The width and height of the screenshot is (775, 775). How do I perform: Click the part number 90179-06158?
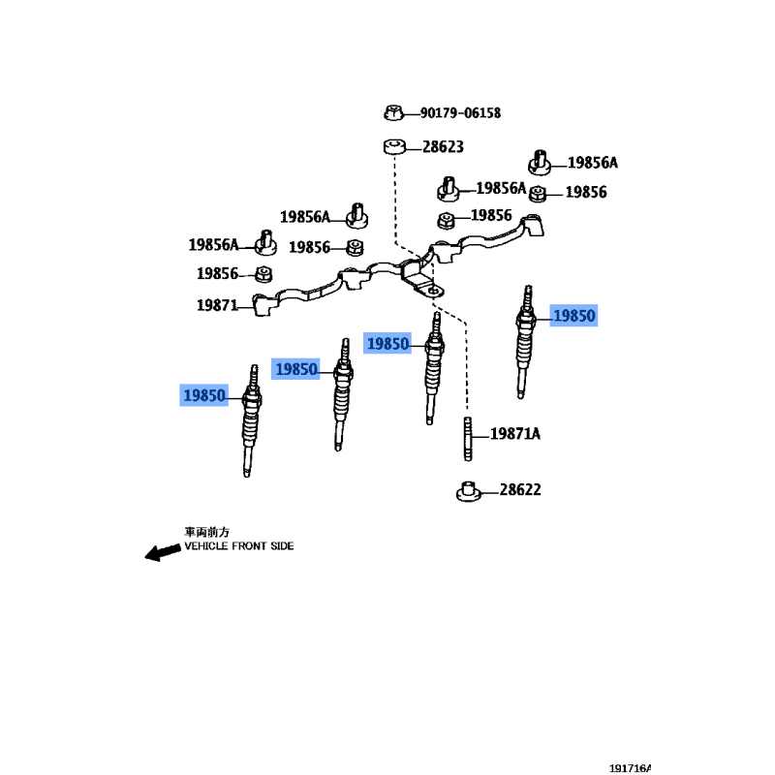[x=460, y=113]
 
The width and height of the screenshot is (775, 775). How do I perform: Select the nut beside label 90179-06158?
[x=393, y=112]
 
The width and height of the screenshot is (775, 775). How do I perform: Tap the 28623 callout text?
[x=443, y=147]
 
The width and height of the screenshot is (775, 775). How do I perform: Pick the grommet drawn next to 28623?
[x=394, y=147]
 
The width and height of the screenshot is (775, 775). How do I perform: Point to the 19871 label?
[x=217, y=305]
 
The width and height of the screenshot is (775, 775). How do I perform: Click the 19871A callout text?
[x=515, y=434]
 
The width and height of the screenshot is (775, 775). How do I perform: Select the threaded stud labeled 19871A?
[x=468, y=439]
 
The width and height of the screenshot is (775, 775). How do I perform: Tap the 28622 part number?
[x=520, y=490]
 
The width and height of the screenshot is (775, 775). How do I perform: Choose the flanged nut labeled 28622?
[x=468, y=492]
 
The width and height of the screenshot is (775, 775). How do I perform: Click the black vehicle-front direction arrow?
[x=163, y=552]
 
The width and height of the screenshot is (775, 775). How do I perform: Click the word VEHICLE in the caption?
[x=206, y=546]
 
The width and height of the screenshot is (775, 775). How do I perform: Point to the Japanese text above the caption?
[x=206, y=532]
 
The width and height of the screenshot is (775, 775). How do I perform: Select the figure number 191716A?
[x=630, y=768]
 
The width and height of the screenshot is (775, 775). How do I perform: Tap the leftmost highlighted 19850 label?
[x=203, y=395]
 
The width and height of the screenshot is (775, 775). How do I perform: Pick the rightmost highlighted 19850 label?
[x=573, y=316]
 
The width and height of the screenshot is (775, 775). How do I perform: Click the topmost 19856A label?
[x=592, y=163]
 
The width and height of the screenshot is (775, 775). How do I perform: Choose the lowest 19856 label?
[x=217, y=274]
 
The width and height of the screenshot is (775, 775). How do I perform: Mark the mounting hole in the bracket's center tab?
[x=434, y=292]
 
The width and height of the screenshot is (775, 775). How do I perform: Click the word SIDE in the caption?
[x=282, y=546]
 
